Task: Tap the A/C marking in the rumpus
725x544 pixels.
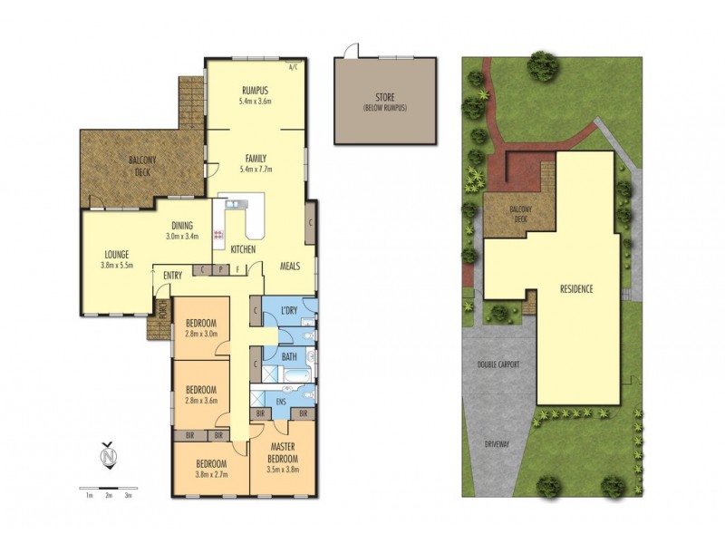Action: coord(293,67)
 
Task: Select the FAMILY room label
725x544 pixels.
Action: coord(254,163)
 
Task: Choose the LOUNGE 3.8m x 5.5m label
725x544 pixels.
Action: coord(117,261)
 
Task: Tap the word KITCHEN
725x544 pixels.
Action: coord(242,248)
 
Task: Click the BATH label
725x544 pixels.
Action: coord(289,357)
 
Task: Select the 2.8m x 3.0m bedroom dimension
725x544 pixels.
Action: coord(201,334)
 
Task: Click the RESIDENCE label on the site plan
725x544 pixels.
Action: coord(575,290)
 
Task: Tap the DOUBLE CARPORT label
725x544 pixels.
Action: coord(504,364)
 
